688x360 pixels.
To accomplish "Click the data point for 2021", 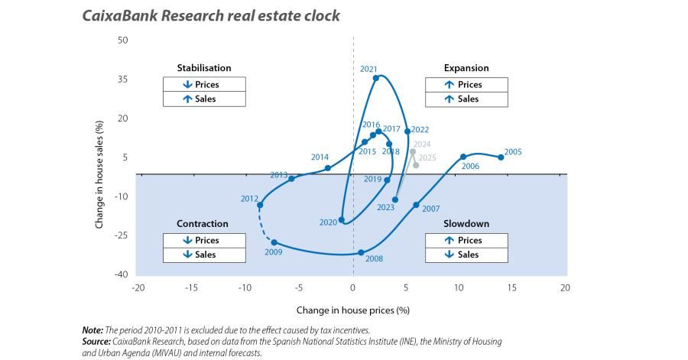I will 375,78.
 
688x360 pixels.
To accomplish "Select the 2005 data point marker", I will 501,157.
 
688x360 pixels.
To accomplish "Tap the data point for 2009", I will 274,242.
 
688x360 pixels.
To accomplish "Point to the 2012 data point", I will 260,205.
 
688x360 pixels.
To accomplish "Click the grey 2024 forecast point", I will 413,151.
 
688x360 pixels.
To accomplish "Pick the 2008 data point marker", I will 361,252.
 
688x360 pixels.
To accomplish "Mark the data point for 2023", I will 395,199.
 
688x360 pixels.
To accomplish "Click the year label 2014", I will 320,157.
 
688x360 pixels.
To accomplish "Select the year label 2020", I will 328,222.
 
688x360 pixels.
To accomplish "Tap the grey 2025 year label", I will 427,157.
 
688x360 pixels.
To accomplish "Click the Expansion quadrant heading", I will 466,68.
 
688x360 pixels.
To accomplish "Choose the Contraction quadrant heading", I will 203,224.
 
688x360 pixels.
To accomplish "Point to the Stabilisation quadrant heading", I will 203,68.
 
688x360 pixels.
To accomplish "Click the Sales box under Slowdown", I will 466,255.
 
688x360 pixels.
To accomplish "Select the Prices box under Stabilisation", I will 204,85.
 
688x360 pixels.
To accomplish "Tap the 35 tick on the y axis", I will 122,79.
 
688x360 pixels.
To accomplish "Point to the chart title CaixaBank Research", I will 210,15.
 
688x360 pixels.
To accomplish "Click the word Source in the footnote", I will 96,340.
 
